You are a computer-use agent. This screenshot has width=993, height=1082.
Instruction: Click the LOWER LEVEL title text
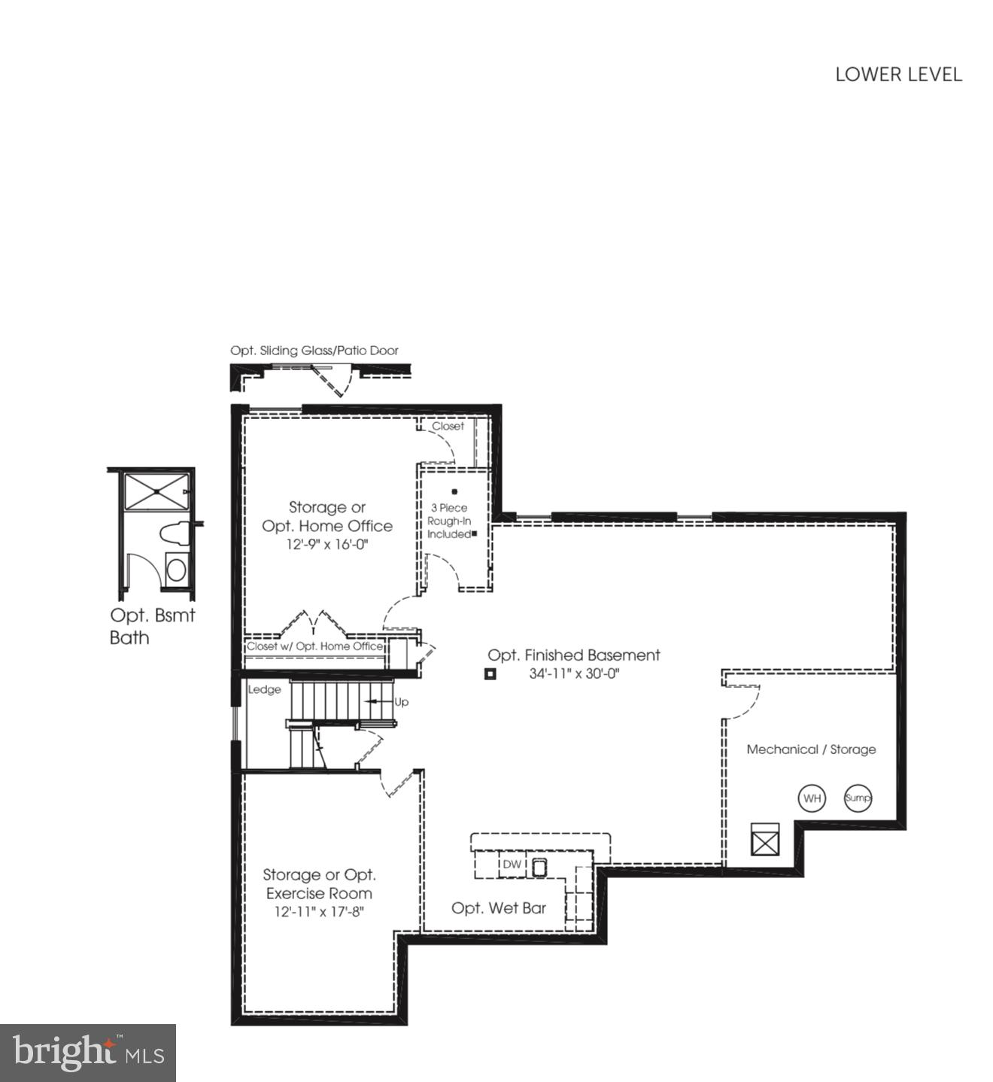[898, 74]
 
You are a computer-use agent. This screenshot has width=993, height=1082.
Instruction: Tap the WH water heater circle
[812, 798]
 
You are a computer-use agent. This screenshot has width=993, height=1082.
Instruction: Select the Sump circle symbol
[858, 798]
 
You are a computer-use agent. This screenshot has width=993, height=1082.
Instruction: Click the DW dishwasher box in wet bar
[512, 865]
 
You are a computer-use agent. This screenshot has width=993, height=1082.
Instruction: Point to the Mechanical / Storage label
[811, 749]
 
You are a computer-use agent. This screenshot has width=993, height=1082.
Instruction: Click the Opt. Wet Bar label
[499, 908]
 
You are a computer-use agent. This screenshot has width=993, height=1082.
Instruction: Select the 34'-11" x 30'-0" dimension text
[573, 674]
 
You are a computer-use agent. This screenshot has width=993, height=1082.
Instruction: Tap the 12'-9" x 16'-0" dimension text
[327, 545]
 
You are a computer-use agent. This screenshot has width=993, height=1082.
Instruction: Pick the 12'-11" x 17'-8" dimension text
[319, 912]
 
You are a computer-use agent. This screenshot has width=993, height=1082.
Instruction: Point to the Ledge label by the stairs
[264, 689]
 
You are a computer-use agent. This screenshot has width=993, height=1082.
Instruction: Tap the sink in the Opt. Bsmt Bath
[176, 569]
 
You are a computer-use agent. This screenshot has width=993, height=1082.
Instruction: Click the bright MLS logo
[88, 1053]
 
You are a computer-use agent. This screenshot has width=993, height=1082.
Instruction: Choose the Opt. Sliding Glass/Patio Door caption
[314, 351]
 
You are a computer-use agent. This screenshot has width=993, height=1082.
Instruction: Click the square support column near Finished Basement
[490, 674]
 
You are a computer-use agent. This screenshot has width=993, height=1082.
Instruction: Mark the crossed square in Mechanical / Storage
[765, 840]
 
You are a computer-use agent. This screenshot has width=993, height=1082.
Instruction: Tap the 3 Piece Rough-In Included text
[449, 521]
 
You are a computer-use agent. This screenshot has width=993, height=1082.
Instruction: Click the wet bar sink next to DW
[539, 867]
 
